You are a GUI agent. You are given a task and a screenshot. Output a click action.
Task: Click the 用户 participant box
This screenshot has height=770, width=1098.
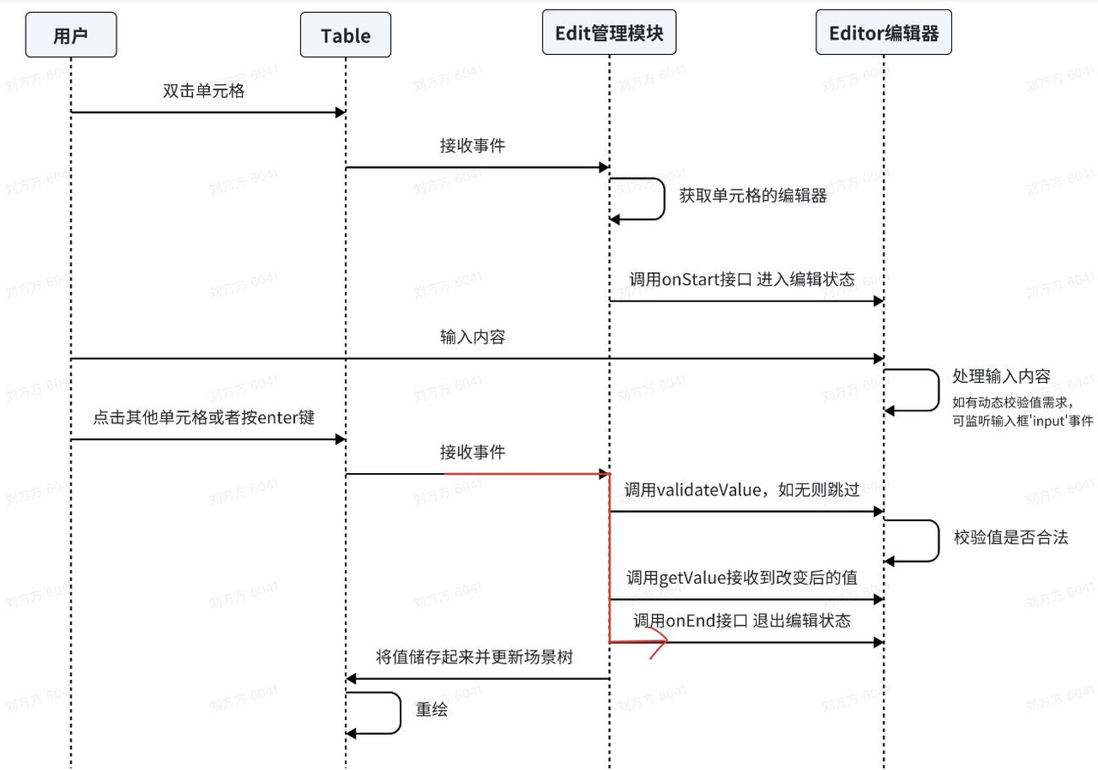tap(70, 35)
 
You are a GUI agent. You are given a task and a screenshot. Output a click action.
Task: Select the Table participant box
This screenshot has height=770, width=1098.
tap(346, 35)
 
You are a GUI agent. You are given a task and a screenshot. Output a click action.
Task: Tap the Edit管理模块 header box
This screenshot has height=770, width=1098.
tap(609, 33)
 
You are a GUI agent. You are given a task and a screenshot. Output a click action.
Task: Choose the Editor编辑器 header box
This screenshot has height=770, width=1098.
tap(884, 33)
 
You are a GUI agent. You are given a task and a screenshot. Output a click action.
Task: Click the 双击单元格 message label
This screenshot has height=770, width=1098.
tap(204, 91)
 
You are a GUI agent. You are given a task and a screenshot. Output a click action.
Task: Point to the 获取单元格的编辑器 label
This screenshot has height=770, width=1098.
tap(753, 196)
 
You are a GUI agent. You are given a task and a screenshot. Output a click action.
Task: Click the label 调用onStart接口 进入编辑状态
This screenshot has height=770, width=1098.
tap(742, 279)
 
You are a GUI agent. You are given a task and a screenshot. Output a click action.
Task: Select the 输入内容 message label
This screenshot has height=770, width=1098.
tap(473, 337)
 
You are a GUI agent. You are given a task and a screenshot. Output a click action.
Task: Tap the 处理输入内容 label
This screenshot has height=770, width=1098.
tap(1001, 377)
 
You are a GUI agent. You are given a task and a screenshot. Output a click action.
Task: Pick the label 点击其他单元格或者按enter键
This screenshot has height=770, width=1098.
tap(204, 418)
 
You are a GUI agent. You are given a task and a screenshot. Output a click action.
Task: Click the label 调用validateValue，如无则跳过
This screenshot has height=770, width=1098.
tap(741, 490)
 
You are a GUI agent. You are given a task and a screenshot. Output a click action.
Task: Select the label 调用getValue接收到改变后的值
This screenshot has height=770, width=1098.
tap(741, 578)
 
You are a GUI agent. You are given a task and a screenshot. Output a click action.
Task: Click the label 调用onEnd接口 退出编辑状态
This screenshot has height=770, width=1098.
tap(742, 621)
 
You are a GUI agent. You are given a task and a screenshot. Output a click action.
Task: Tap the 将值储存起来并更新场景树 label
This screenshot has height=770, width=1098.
tap(474, 658)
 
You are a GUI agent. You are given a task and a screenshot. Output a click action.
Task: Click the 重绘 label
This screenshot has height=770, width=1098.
tap(431, 711)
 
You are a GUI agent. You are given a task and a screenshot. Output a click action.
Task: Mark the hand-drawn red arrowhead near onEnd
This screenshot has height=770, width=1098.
tap(659, 642)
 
